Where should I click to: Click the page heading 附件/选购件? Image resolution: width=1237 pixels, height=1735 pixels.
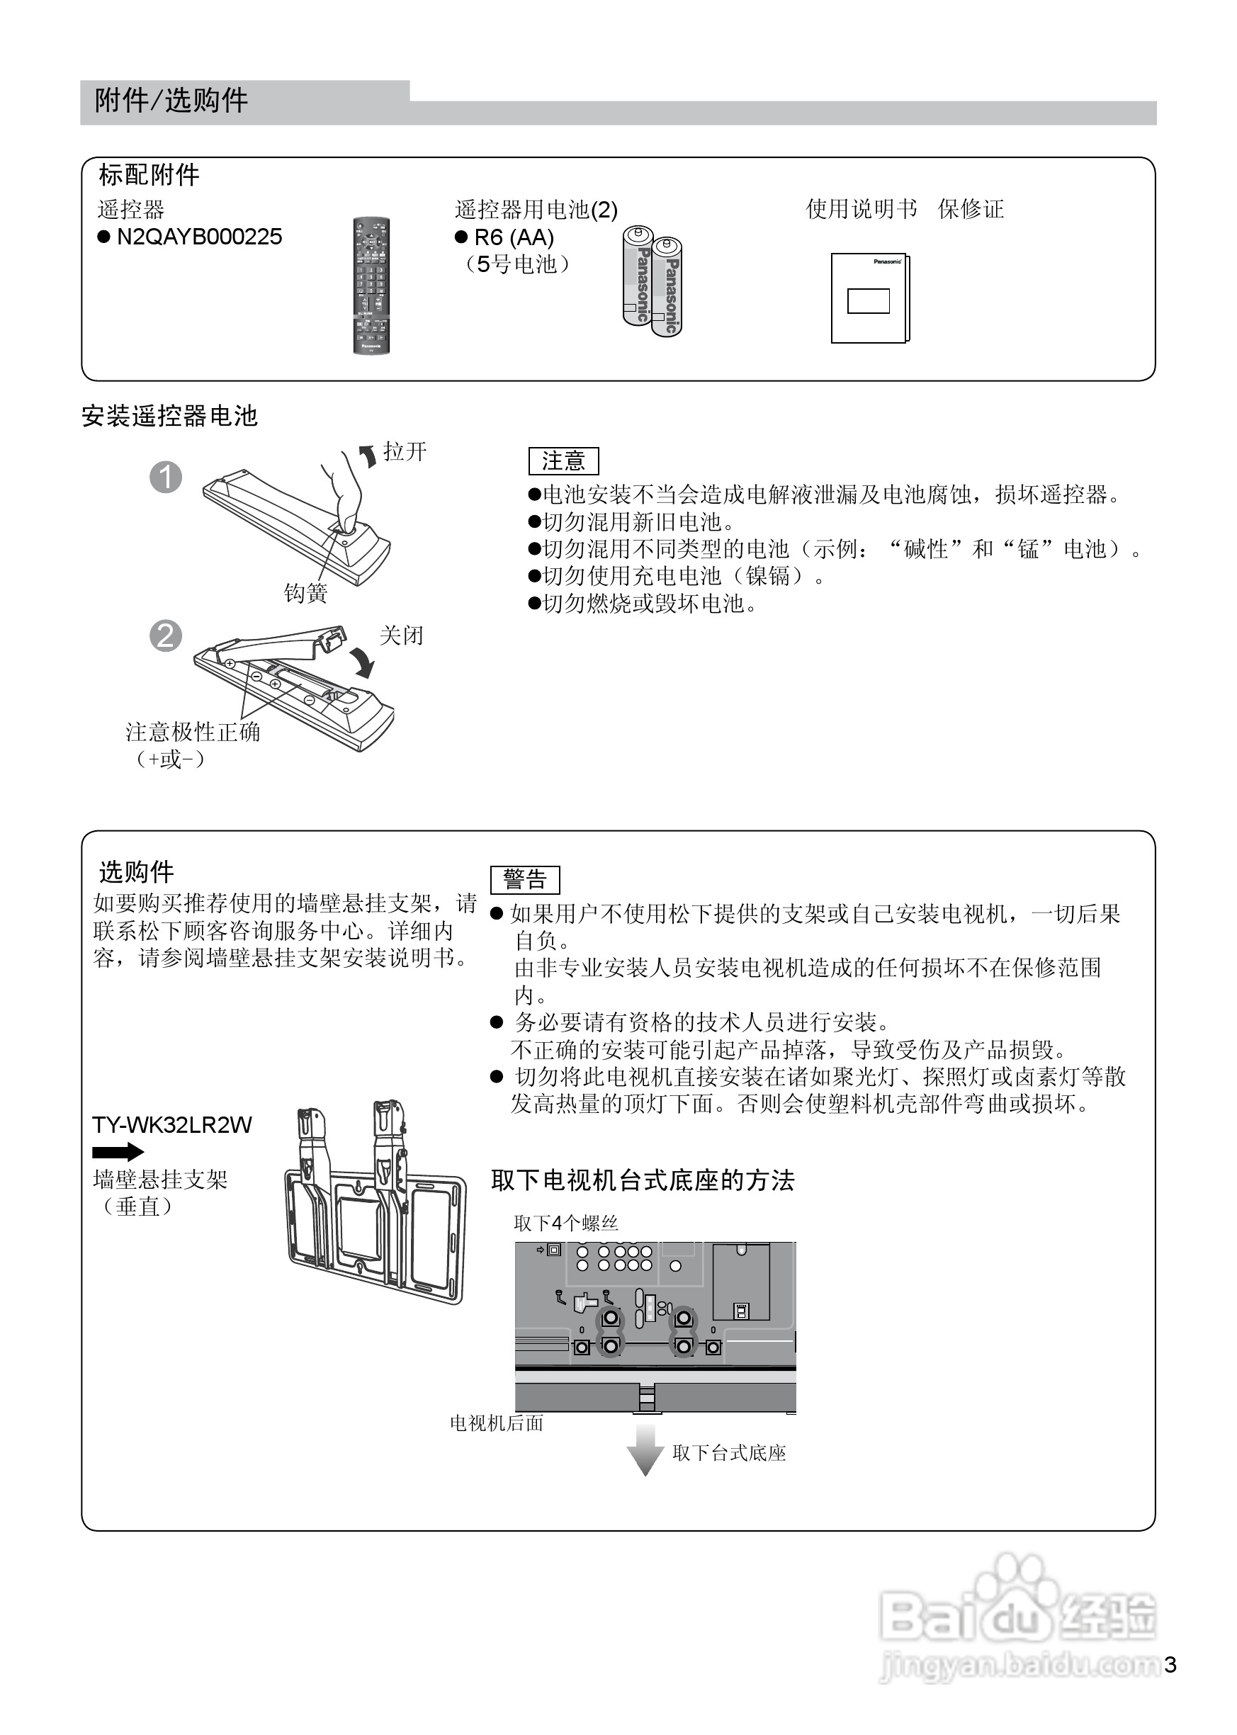coord(171,101)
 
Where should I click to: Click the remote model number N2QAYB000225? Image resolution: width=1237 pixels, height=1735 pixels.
coord(199,237)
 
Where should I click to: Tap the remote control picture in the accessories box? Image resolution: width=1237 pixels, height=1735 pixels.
coord(371,286)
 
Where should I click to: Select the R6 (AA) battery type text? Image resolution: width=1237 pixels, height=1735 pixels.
coord(514,237)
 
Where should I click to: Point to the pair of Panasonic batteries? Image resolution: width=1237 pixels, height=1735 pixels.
coord(652,281)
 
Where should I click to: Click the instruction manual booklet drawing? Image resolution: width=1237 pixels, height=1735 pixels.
coord(870,298)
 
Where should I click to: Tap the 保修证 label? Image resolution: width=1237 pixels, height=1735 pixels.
coord(971,209)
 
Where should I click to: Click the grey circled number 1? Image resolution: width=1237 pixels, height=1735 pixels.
coord(166,477)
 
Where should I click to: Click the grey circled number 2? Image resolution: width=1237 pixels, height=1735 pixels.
coord(166,635)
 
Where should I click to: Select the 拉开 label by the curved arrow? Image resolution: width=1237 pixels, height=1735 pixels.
coord(405,452)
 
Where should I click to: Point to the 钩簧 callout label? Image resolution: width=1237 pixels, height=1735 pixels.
coord(305,592)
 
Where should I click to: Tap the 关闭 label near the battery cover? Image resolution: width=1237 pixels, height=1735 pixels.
coord(401,635)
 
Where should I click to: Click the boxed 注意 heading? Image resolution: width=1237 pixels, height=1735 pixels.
coord(564,460)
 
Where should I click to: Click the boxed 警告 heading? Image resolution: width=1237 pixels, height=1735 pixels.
coord(525,880)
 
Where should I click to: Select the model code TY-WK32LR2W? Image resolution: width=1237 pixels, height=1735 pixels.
coord(171,1125)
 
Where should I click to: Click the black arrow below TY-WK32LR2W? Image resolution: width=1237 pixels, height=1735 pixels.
coord(118,1151)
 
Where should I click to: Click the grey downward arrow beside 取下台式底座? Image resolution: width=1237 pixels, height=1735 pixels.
coord(645,1449)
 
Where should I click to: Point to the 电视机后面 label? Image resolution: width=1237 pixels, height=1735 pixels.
coord(497,1423)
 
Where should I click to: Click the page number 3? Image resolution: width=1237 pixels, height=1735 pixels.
coord(1170,1665)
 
